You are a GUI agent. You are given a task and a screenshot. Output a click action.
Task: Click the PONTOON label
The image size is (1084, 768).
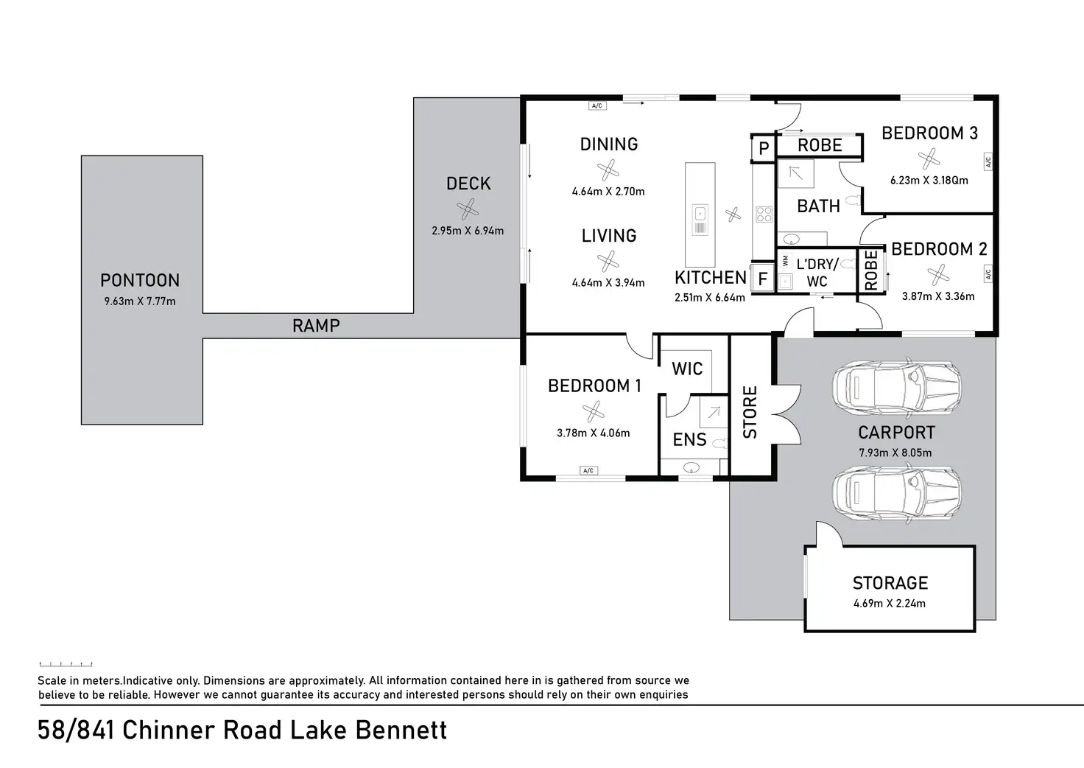coord(140,281)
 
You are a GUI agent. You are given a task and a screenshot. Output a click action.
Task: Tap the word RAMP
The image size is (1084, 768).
coord(316,326)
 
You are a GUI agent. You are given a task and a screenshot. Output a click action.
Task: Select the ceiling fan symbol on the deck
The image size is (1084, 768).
coord(468,211)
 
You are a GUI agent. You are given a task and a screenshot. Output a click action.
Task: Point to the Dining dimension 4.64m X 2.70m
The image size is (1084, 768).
coord(608,192)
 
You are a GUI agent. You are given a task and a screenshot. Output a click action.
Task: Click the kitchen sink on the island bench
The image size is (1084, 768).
coord(700,214)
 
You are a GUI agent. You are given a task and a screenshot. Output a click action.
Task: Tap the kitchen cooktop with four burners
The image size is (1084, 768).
coord(764,214)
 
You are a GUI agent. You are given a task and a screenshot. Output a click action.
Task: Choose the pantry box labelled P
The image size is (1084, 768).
coord(764,149)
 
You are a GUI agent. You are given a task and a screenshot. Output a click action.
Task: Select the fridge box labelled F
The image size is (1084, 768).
coord(763,279)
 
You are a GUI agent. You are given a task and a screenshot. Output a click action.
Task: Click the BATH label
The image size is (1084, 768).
coord(818,206)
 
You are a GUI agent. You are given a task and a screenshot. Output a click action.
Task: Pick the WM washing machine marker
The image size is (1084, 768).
coord(785,261)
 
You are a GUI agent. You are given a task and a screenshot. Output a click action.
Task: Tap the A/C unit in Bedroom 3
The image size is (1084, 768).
coord(988,161)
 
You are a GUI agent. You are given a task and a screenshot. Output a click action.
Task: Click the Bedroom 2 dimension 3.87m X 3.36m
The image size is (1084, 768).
coord(938,296)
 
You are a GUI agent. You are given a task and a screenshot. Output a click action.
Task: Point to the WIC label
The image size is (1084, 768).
coord(687,369)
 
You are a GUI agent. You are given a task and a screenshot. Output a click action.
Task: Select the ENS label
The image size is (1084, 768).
coord(689,440)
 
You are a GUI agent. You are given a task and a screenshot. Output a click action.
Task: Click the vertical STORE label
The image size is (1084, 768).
coord(750,412)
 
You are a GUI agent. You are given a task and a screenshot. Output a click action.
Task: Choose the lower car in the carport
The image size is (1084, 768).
coord(896,492)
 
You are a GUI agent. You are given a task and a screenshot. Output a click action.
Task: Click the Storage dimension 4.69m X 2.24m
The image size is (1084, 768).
coord(890,604)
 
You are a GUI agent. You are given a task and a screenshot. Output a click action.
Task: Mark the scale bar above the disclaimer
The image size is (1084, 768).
coord(66,664)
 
